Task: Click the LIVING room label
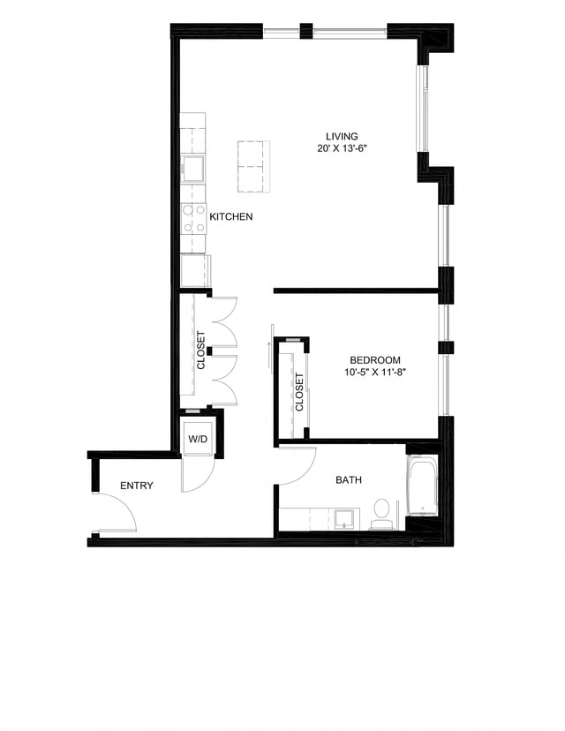[x=342, y=136]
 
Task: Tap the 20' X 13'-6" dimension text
[x=342, y=148]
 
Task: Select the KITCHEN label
[x=231, y=216]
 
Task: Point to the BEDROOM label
[x=375, y=360]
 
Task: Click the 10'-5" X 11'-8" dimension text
[x=375, y=373]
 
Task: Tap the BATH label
[x=349, y=480]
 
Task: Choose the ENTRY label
[x=137, y=486]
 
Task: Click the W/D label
[x=196, y=439]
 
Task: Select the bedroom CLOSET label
[x=299, y=392]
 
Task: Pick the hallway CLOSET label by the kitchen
[x=201, y=350]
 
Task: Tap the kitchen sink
[x=192, y=168]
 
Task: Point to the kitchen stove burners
[x=192, y=218]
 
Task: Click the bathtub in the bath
[x=422, y=486]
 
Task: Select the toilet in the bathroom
[x=381, y=512]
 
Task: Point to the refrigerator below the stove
[x=194, y=270]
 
